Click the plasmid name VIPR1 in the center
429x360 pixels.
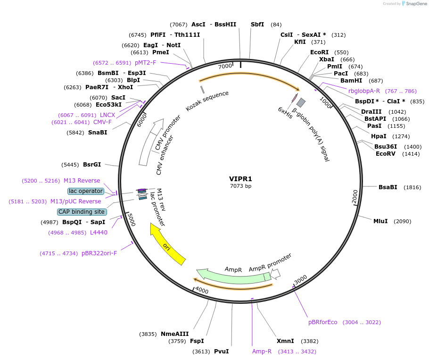(240, 179)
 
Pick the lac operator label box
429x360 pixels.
(86, 191)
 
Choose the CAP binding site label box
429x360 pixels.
(82, 212)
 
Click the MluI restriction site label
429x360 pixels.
(380, 221)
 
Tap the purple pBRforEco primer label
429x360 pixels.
(323, 322)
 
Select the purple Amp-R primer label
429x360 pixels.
(262, 352)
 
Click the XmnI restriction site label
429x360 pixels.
(285, 341)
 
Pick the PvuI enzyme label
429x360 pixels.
(221, 352)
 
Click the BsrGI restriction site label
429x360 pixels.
(92, 165)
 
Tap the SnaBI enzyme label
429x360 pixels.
(98, 133)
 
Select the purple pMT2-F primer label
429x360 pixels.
(145, 63)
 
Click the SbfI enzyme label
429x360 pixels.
(257, 25)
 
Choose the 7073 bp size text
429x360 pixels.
(240, 186)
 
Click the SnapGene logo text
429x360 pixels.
(416, 4)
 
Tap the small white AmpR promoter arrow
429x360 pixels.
(276, 274)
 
